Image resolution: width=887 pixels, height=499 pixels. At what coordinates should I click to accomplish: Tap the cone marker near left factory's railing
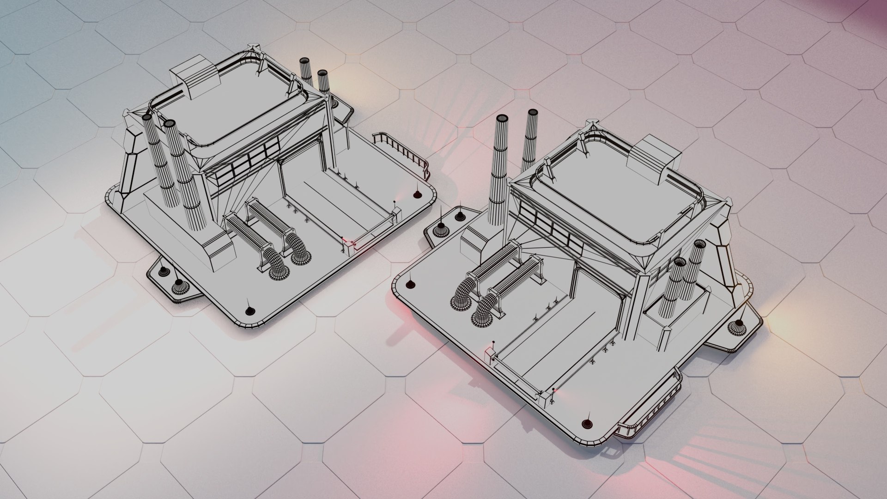tap(418, 195)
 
